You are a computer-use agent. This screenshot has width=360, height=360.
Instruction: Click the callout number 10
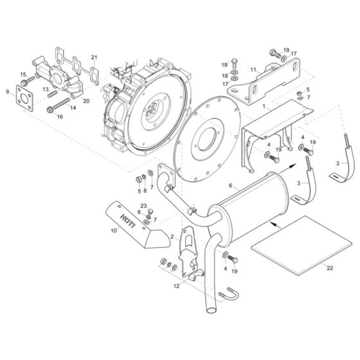pyautogui.click(x=113, y=230)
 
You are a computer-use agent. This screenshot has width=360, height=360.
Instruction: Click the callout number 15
pyautogui.click(x=23, y=75)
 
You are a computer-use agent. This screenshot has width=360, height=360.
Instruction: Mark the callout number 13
pyautogui.click(x=45, y=87)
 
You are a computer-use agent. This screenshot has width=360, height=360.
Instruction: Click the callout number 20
pyautogui.click(x=85, y=101)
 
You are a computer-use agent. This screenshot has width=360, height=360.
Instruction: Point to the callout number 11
pyautogui.click(x=253, y=69)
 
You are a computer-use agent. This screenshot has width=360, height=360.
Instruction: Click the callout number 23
pyautogui.click(x=144, y=206)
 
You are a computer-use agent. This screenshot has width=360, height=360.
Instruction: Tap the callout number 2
pyautogui.click(x=172, y=237)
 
